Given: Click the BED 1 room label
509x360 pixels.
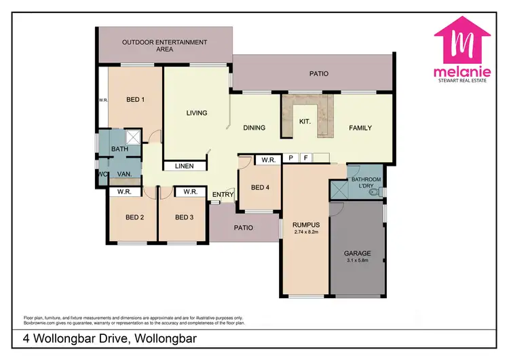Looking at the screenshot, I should pos(136,100).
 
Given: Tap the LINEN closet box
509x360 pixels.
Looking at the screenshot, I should pos(184,166).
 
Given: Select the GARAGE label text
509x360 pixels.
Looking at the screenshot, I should pos(356,253).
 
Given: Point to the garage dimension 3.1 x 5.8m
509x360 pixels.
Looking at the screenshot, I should pos(356,261).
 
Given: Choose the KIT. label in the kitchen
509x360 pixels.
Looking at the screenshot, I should pos(305,122).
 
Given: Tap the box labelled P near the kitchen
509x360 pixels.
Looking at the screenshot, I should pos(290,158).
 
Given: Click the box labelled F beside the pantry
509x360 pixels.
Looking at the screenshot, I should pos(305,158).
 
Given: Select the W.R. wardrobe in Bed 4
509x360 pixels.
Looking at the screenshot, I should pos(267,160).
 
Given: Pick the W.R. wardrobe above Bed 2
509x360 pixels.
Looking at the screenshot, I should pos(124,192).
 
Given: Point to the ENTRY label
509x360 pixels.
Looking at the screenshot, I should pos(223,196).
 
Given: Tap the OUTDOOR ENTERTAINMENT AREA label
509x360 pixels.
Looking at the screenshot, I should pos(165,46).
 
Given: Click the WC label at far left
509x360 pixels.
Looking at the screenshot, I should pos(102,174).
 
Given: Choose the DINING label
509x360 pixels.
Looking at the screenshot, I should pos(254,128).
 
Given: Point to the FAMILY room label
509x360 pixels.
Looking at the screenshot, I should pos(360,128).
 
